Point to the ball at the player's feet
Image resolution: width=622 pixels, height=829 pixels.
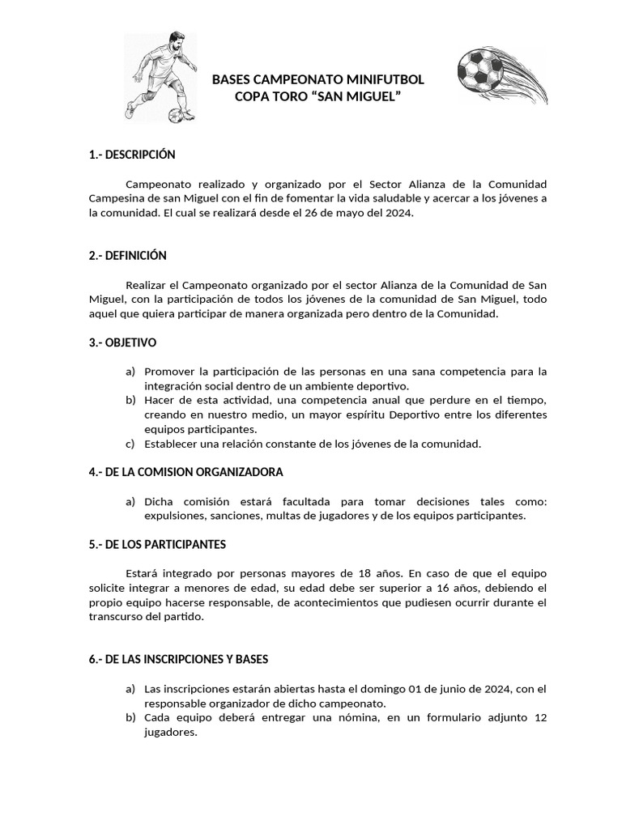(177, 115)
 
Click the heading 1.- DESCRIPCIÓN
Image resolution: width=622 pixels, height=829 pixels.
(132, 155)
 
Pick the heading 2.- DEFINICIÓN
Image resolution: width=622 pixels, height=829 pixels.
(128, 256)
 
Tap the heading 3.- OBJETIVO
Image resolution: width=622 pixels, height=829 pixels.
(123, 343)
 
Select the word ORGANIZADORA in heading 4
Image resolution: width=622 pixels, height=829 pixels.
(240, 472)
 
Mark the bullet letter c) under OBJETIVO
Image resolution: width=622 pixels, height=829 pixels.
(130, 444)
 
